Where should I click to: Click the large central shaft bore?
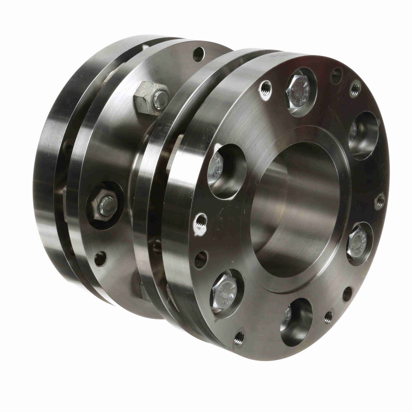click(295, 206)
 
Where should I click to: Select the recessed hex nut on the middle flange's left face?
click(105, 205)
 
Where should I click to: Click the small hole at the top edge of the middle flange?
click(198, 54)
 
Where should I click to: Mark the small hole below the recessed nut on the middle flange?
click(100, 259)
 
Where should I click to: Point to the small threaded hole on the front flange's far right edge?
click(380, 201)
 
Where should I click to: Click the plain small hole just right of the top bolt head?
click(336, 75)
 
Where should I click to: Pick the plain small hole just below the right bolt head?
click(347, 294)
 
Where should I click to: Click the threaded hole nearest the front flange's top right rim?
click(356, 88)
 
